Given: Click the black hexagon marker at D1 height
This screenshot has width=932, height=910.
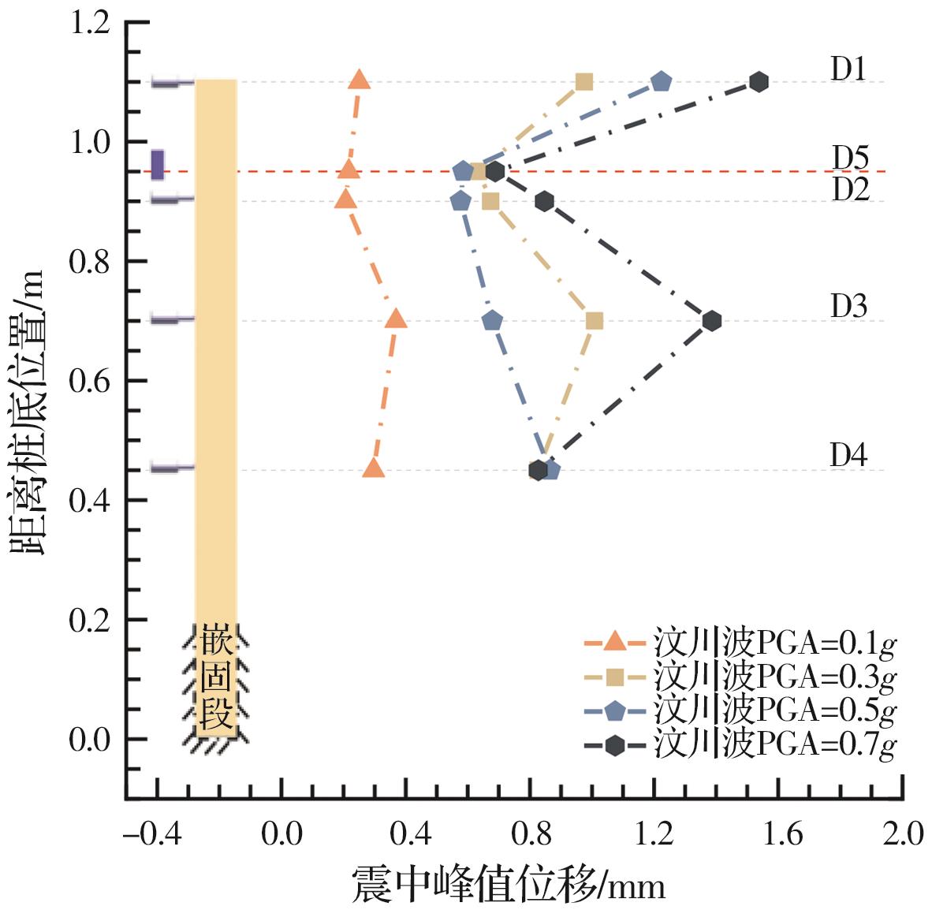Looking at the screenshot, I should click(x=759, y=81).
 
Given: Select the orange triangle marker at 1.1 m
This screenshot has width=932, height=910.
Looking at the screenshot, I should click(x=360, y=80).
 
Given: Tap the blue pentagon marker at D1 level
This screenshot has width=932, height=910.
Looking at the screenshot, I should click(x=661, y=81).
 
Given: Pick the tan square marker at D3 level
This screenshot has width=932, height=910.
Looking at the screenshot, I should click(x=595, y=321).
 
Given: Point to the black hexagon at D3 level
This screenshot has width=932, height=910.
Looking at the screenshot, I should click(x=712, y=321).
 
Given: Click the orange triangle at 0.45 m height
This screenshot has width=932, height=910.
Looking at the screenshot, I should click(x=375, y=468).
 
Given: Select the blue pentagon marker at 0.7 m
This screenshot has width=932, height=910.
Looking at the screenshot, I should click(x=492, y=321).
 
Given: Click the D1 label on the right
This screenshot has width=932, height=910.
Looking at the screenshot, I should click(x=848, y=69).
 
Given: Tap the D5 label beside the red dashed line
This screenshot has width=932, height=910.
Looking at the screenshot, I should click(x=850, y=159).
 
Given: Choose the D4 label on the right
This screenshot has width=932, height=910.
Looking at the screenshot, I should click(x=848, y=455).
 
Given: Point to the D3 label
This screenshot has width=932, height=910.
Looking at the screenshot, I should click(x=848, y=306).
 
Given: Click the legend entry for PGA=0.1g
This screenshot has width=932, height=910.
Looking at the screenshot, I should click(x=740, y=643).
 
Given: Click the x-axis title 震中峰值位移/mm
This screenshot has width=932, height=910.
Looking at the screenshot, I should click(x=509, y=886).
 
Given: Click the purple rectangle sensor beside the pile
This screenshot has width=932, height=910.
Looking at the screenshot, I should click(x=158, y=164).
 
